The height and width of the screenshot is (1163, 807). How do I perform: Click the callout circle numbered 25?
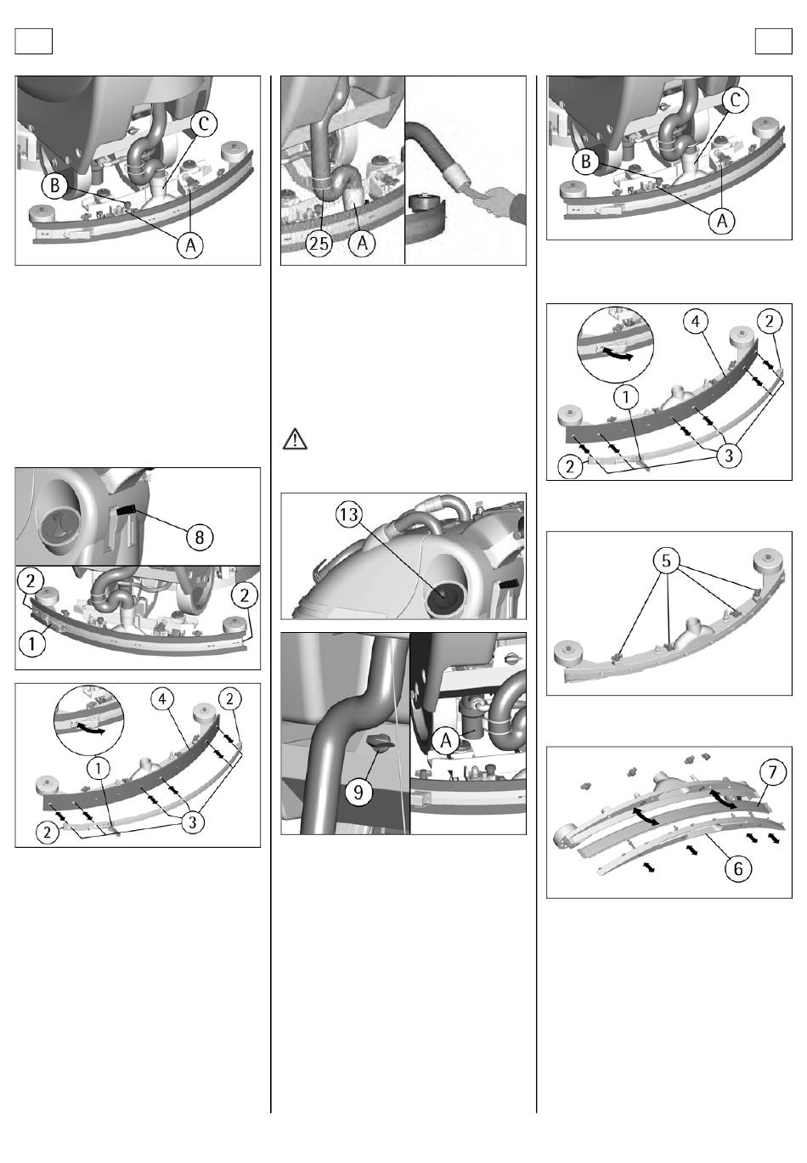pyautogui.click(x=319, y=242)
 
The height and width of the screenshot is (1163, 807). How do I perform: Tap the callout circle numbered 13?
pyautogui.click(x=349, y=515)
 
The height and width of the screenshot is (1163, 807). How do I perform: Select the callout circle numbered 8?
pyautogui.click(x=200, y=537)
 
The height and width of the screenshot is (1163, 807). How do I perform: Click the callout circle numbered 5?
pyautogui.click(x=666, y=561)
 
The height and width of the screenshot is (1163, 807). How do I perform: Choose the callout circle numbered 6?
pyautogui.click(x=738, y=867)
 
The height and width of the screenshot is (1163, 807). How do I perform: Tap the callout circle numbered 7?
pyautogui.click(x=773, y=772)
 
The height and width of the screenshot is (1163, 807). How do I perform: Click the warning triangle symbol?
pyautogui.click(x=295, y=438)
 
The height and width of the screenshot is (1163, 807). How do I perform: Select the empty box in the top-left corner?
pyautogui.click(x=34, y=41)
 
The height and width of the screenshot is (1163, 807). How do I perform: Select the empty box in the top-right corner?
pyautogui.click(x=773, y=41)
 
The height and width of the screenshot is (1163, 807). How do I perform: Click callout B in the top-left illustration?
pyautogui.click(x=55, y=185)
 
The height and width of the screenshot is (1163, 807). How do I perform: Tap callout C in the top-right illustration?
pyautogui.click(x=735, y=99)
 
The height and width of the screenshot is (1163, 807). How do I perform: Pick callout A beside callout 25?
pyautogui.click(x=362, y=242)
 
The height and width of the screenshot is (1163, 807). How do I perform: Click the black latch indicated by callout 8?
pyautogui.click(x=127, y=511)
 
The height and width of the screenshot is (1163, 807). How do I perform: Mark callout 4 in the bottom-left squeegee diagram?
pyautogui.click(x=162, y=699)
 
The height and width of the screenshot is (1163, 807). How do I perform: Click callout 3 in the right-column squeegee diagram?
pyautogui.click(x=729, y=455)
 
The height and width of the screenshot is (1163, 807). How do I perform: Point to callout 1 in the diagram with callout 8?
pyautogui.click(x=31, y=644)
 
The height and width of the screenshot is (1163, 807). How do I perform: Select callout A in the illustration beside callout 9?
pyautogui.click(x=446, y=741)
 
